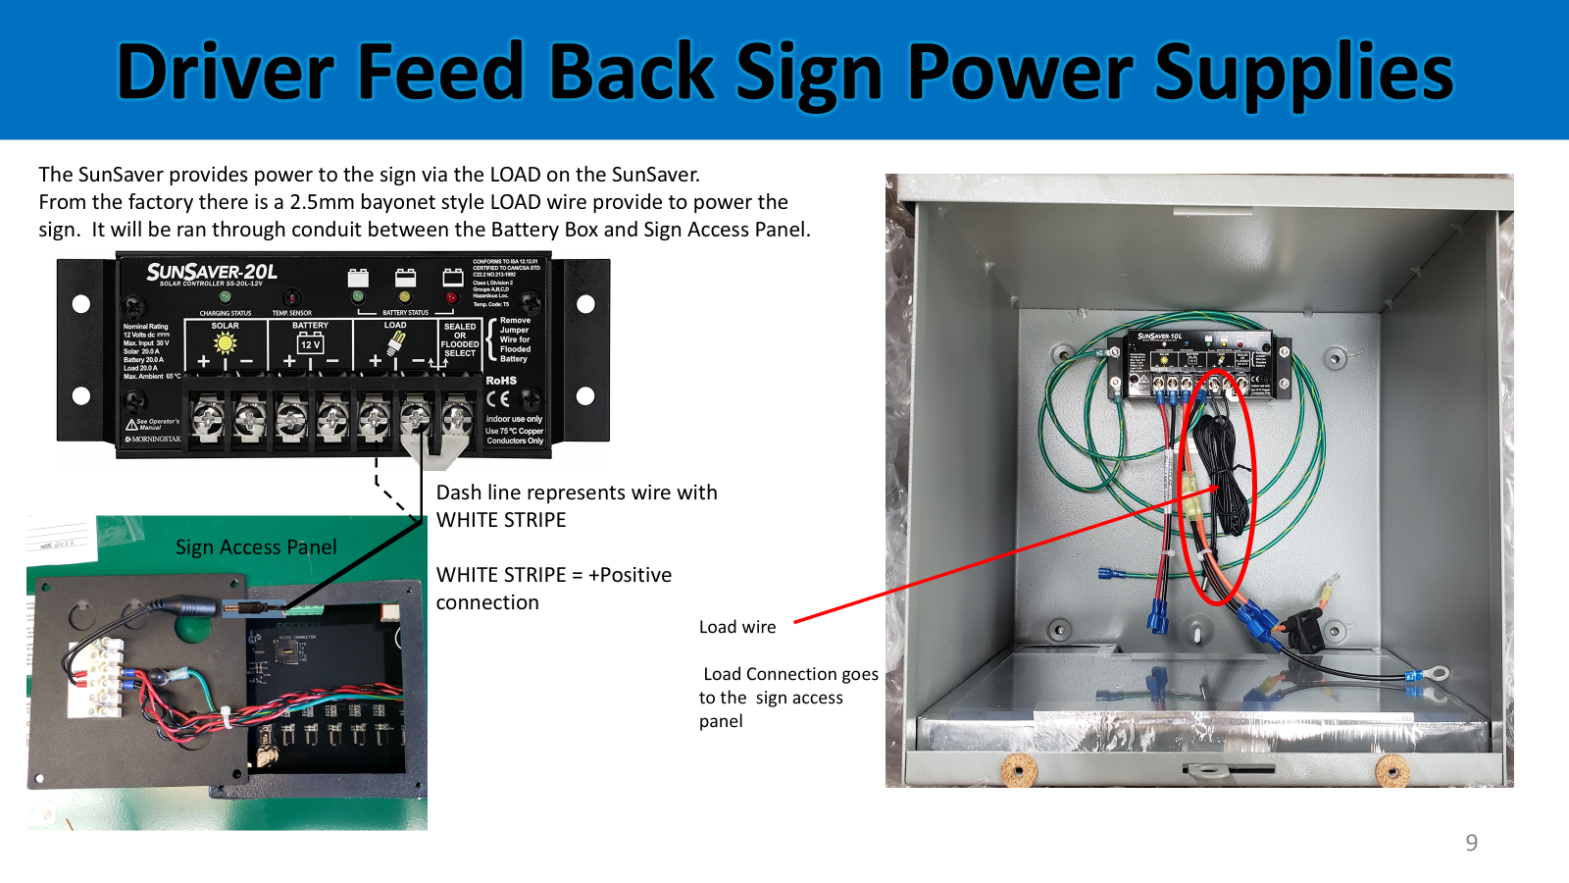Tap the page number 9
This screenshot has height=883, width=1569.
pyautogui.click(x=1471, y=843)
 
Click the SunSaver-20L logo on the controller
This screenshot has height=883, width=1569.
pyautogui.click(x=212, y=272)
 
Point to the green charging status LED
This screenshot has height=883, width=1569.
pyautogui.click(x=226, y=296)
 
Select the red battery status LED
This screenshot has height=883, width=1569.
pyautogui.click(x=451, y=296)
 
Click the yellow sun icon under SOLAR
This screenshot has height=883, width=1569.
pyautogui.click(x=226, y=342)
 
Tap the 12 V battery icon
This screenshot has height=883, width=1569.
pyautogui.click(x=310, y=343)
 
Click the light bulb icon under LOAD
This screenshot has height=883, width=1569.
pyautogui.click(x=395, y=342)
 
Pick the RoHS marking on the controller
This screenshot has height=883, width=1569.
pyautogui.click(x=501, y=380)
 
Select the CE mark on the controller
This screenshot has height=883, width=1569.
pyautogui.click(x=498, y=399)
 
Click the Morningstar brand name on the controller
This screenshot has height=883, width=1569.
pyautogui.click(x=156, y=439)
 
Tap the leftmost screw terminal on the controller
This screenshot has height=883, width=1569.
pyautogui.click(x=208, y=420)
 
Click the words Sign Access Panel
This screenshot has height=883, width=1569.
pyautogui.click(x=256, y=546)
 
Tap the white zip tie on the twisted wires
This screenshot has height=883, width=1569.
pyautogui.click(x=227, y=719)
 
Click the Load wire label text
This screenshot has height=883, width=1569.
pyautogui.click(x=737, y=627)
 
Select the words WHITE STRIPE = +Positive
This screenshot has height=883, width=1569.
pyautogui.click(x=554, y=575)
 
